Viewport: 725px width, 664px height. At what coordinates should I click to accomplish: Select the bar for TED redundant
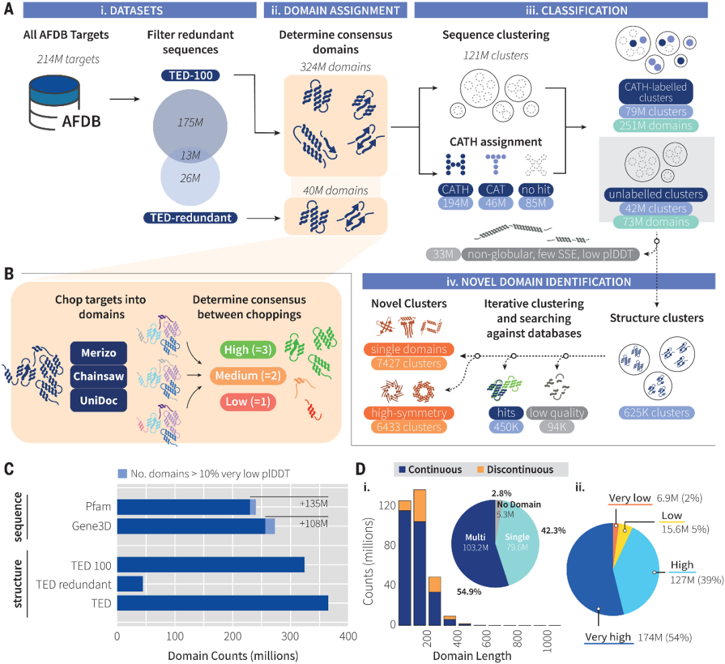click(x=130, y=583)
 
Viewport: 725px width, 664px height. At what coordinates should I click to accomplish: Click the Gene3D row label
click(x=93, y=526)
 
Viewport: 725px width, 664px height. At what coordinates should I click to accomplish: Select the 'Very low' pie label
click(x=630, y=499)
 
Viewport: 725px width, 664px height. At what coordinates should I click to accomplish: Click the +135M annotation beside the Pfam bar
click(x=313, y=504)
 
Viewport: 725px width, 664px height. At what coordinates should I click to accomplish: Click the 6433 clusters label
click(x=409, y=427)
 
